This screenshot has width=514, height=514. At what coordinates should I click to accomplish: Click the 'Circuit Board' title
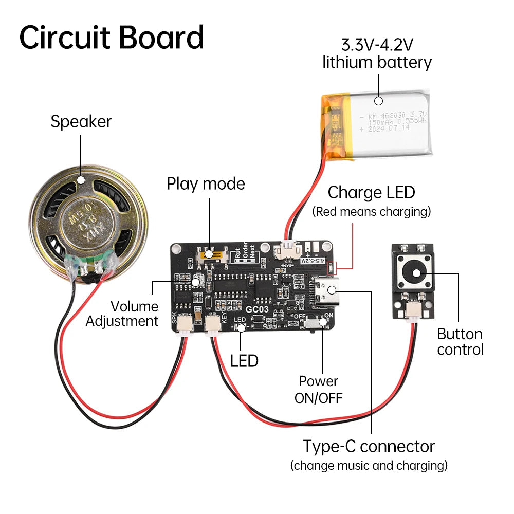click(112, 37)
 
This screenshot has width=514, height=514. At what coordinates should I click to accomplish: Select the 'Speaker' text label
click(81, 122)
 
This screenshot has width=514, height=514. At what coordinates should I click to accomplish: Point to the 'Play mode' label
click(206, 183)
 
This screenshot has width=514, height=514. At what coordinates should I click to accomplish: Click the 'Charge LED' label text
click(371, 193)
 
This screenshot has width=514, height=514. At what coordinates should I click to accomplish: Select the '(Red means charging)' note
click(371, 212)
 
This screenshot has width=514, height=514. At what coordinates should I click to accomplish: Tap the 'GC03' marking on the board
click(255, 309)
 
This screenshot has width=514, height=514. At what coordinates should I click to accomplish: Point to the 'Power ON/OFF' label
click(318, 389)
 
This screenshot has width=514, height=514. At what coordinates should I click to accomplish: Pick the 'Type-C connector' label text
click(369, 446)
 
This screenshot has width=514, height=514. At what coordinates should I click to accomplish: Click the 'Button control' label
click(460, 342)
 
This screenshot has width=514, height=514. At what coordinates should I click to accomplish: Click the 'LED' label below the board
click(244, 361)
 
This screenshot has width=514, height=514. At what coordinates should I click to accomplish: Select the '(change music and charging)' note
click(369, 466)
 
